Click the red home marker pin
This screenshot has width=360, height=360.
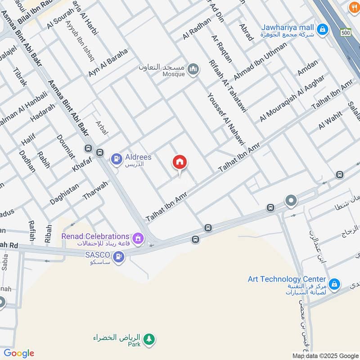click(180, 163)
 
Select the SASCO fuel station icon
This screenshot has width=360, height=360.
click(118, 257)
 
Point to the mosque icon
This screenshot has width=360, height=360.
click(193, 69)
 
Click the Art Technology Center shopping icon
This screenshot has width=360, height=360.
click(334, 284)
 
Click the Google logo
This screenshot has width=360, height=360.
click(19, 353)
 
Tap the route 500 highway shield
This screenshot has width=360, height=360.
click(346, 32)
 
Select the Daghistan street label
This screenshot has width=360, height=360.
click(64, 194)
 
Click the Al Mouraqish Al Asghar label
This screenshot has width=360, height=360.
click(292, 99)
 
